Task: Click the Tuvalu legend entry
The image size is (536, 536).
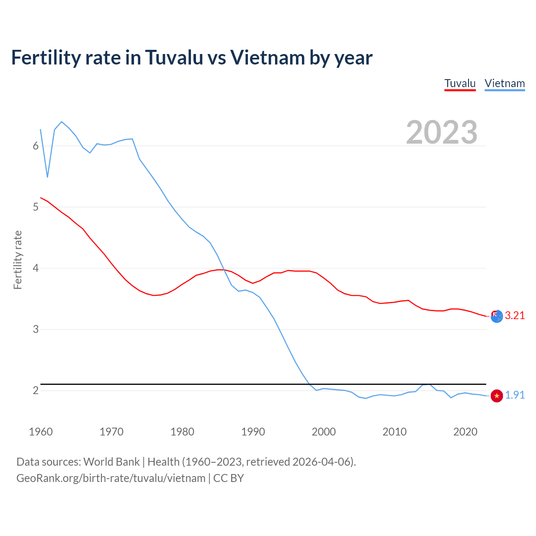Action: (460, 83)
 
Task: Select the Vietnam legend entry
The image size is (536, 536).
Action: (505, 83)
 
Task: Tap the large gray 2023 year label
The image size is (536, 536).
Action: (442, 132)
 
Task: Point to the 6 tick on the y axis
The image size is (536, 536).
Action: (36, 146)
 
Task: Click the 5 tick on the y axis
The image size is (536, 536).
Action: (36, 207)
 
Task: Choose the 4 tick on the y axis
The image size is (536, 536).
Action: (36, 268)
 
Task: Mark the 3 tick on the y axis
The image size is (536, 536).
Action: (36, 329)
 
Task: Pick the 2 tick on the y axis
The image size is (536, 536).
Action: (36, 390)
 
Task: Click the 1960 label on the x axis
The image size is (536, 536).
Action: (41, 432)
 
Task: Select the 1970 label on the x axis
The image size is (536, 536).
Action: (111, 432)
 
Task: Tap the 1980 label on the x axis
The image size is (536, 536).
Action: (182, 432)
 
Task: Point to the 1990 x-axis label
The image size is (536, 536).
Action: (253, 432)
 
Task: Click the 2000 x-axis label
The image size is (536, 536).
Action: (324, 432)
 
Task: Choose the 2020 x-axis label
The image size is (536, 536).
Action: (465, 432)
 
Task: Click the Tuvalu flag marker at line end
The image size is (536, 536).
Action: (497, 316)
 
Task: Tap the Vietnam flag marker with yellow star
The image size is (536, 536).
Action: (497, 396)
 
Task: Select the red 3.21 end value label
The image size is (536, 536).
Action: (515, 316)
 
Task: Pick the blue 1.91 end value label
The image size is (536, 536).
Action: (515, 395)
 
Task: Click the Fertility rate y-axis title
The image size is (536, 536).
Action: (18, 260)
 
